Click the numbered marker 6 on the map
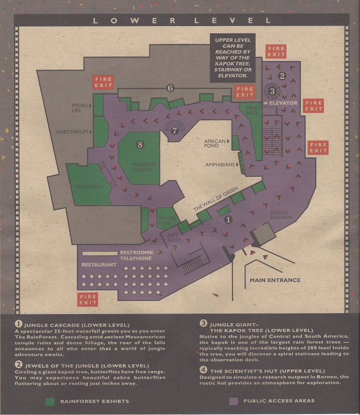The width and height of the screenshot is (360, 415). [x=170, y=88]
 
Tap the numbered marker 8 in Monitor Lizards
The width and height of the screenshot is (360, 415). [x=140, y=144]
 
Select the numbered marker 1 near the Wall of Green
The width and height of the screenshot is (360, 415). [x=229, y=219]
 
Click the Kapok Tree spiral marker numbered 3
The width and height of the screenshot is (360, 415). [x=272, y=91]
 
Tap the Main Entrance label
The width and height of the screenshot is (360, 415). [x=274, y=280]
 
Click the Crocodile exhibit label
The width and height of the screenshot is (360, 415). [x=89, y=186]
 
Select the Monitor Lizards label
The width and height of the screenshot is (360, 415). [x=144, y=167]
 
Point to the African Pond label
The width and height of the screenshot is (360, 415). [x=215, y=143]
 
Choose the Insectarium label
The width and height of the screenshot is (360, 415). [x=72, y=131]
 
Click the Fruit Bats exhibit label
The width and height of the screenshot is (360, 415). [x=252, y=111]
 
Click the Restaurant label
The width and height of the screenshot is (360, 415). [x=99, y=265]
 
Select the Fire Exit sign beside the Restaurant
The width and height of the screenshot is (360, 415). [x=88, y=299]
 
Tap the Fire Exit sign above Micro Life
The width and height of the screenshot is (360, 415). [x=103, y=83]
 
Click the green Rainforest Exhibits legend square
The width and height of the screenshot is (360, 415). [x=49, y=401]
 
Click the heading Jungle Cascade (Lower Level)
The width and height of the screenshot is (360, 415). [x=74, y=325]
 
